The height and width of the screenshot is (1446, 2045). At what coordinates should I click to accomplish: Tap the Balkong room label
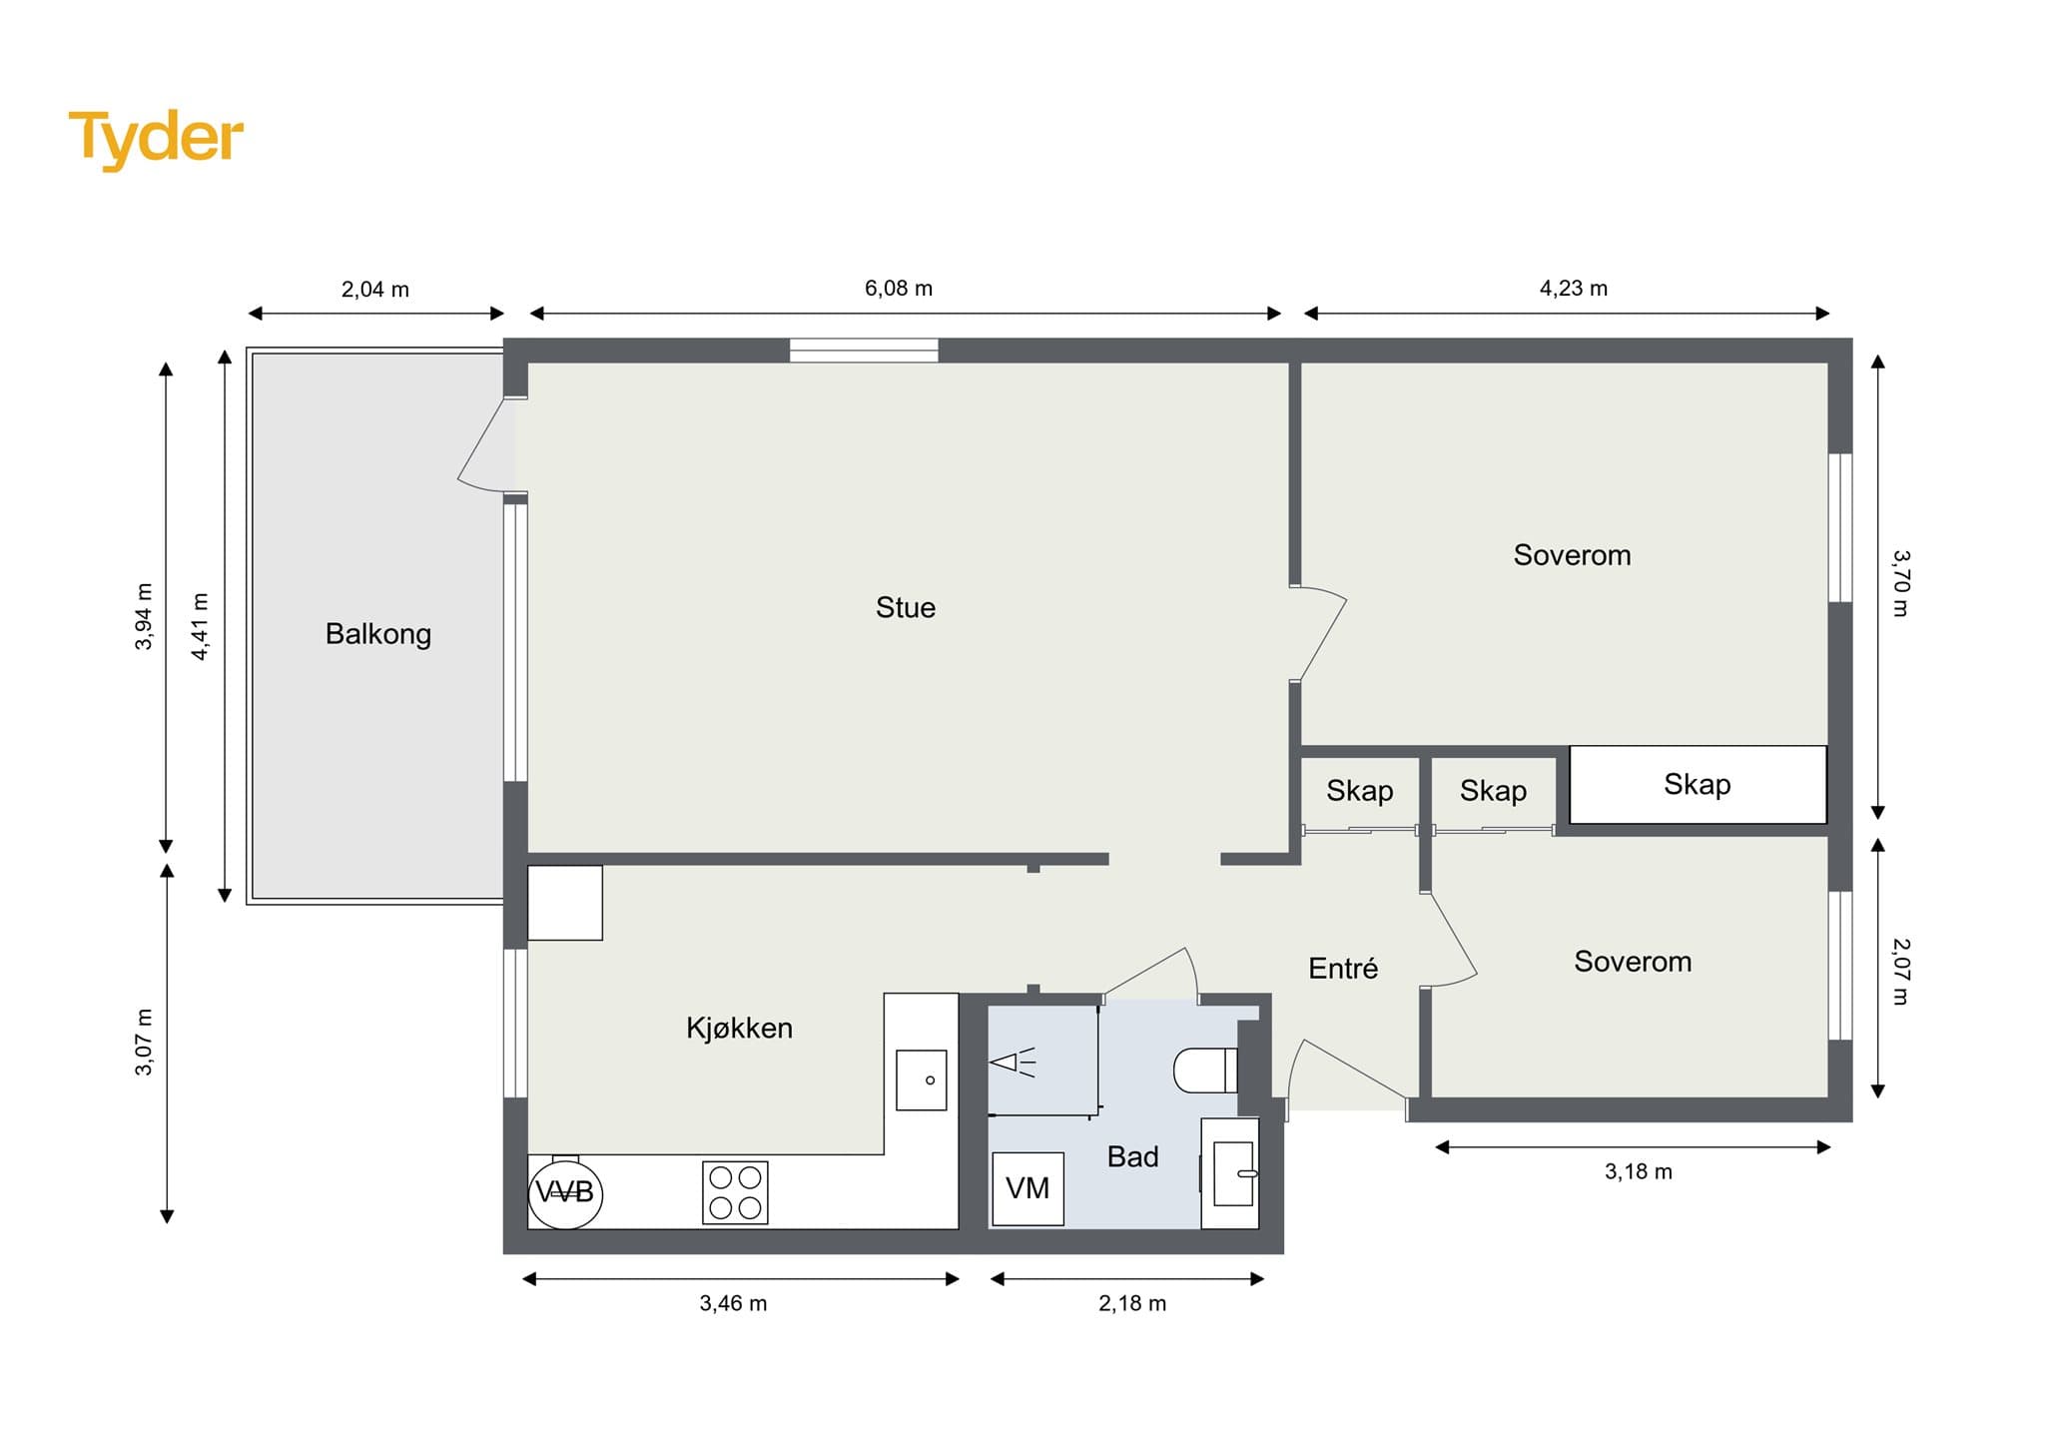(378, 634)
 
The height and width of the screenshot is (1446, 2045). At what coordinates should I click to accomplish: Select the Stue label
(906, 607)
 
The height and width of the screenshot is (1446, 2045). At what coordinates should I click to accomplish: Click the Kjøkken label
(739, 1028)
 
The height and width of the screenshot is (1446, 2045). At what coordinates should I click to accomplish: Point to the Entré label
(1343, 968)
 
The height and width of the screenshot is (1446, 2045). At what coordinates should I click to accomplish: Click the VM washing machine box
(1027, 1188)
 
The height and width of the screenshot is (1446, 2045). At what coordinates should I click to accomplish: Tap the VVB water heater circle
(565, 1191)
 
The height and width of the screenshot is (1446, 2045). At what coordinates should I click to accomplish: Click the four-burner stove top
(735, 1192)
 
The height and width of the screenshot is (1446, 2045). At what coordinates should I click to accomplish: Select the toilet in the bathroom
(1206, 1070)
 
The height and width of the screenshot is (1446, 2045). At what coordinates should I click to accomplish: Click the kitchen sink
(921, 1080)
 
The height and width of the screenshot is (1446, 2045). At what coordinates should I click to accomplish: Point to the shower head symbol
(1013, 1063)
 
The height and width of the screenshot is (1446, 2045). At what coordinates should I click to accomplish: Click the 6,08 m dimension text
(899, 289)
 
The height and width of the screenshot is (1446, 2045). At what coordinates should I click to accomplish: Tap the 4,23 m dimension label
(1574, 289)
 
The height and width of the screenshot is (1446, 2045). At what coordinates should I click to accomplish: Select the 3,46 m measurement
(733, 1303)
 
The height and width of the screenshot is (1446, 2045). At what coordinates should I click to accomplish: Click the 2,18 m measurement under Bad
(1132, 1303)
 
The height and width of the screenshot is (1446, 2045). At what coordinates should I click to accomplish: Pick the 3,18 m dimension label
(1639, 1171)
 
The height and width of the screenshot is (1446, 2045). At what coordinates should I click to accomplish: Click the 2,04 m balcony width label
(375, 290)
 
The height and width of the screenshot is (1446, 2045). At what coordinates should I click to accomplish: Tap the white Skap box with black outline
(1699, 785)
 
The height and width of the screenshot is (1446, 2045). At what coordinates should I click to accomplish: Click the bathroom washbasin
(1230, 1173)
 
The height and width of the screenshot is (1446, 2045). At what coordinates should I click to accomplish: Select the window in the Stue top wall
(864, 351)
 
